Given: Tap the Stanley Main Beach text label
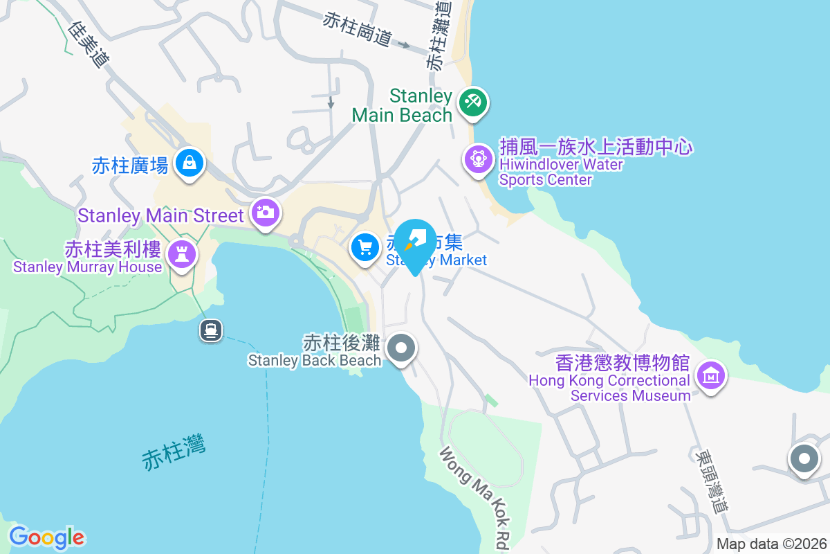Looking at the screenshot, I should [x=402, y=105].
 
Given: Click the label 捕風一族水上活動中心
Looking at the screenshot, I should [x=596, y=148].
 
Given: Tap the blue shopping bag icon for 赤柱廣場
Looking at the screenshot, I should [x=188, y=163].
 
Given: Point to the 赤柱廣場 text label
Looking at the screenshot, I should [x=130, y=166].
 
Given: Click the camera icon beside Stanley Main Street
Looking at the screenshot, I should [x=264, y=212].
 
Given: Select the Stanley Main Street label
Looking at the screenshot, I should [x=161, y=215].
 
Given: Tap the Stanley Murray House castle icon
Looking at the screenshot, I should [x=183, y=253].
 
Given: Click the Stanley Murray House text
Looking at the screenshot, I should [x=88, y=267].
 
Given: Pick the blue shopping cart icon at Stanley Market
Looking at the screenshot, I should [x=365, y=247].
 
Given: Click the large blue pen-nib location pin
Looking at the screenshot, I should [x=415, y=242].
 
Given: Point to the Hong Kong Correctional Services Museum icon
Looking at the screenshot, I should [x=710, y=376].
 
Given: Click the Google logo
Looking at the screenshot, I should [x=47, y=537].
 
